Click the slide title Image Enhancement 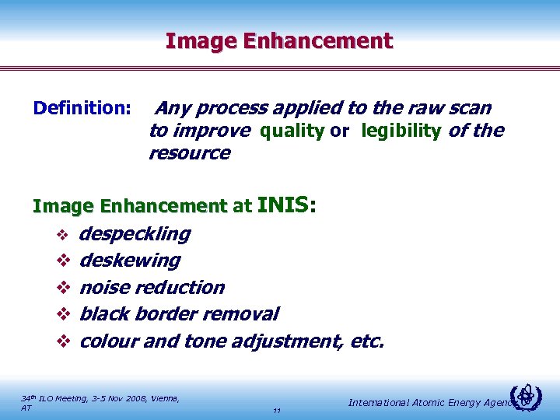pyautogui.click(x=279, y=40)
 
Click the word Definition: pyautogui.click(x=82, y=107)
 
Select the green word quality pyautogui.click(x=292, y=131)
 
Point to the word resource pyautogui.click(x=189, y=153)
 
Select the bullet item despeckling pyautogui.click(x=135, y=234)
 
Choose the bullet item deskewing pyautogui.click(x=130, y=261)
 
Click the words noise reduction pyautogui.click(x=152, y=287)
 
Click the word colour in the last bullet pyautogui.click(x=108, y=341)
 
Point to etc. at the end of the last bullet pyautogui.click(x=366, y=341)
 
